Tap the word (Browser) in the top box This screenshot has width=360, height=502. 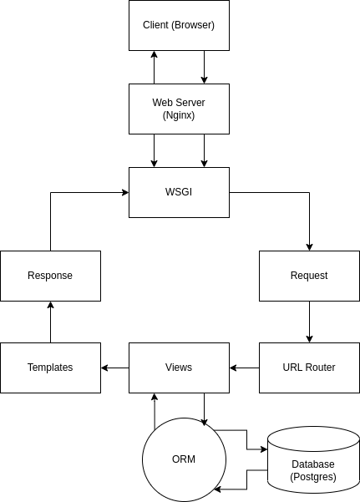[x=194, y=25]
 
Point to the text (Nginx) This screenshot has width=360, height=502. [x=179, y=115]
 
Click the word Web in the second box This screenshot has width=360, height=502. [x=162, y=103]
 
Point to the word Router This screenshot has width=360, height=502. [x=320, y=368]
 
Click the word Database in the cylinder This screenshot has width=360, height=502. [x=313, y=464]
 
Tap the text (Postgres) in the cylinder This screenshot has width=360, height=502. [x=313, y=477]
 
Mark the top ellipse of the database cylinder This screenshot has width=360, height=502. [x=313, y=438]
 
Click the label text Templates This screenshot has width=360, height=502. [x=50, y=368]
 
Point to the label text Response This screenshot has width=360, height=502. [x=50, y=276]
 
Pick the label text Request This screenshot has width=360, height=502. [x=309, y=276]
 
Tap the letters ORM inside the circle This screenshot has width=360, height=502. [x=184, y=459]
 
